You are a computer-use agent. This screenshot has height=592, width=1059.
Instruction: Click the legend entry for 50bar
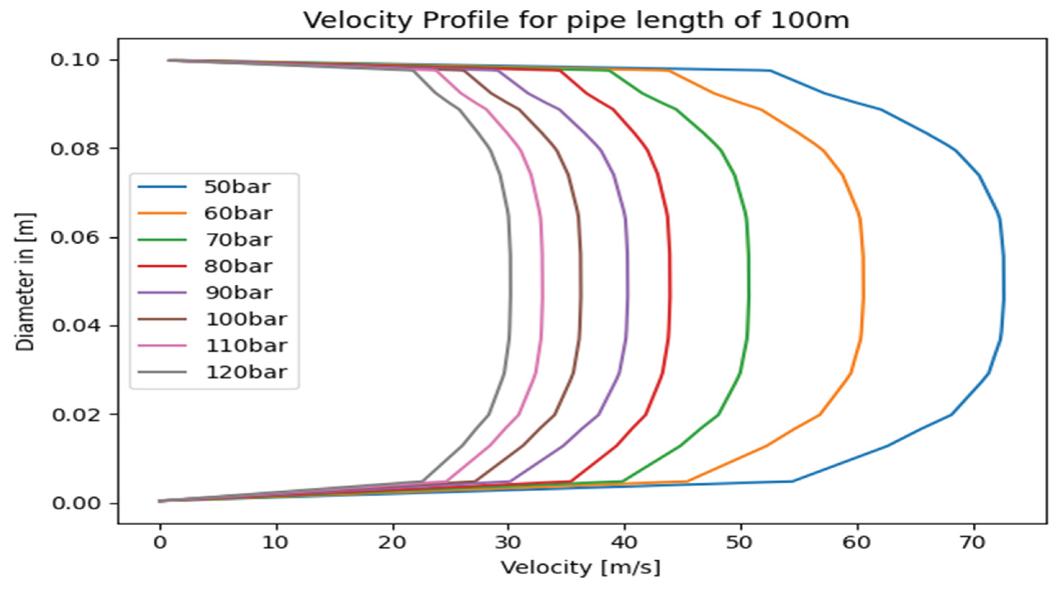pyautogui.click(x=237, y=187)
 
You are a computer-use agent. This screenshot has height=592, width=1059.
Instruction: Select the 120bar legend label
pyautogui.click(x=246, y=372)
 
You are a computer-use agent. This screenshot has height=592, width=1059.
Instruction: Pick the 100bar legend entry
pyautogui.click(x=246, y=319)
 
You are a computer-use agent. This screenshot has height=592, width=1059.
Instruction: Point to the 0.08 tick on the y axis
pyautogui.click(x=75, y=149)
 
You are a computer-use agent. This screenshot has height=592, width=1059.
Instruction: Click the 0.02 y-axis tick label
pyautogui.click(x=75, y=415)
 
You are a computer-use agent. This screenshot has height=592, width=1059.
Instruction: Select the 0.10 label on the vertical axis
pyautogui.click(x=75, y=60)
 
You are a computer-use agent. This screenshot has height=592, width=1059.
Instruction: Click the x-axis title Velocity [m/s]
pyautogui.click(x=580, y=568)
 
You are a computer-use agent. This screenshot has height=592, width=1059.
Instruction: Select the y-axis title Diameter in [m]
pyautogui.click(x=25, y=282)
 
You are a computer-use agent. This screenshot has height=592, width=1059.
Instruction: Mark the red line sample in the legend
pyautogui.click(x=162, y=266)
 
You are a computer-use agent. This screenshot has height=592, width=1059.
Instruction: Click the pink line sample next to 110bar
pyautogui.click(x=162, y=346)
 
